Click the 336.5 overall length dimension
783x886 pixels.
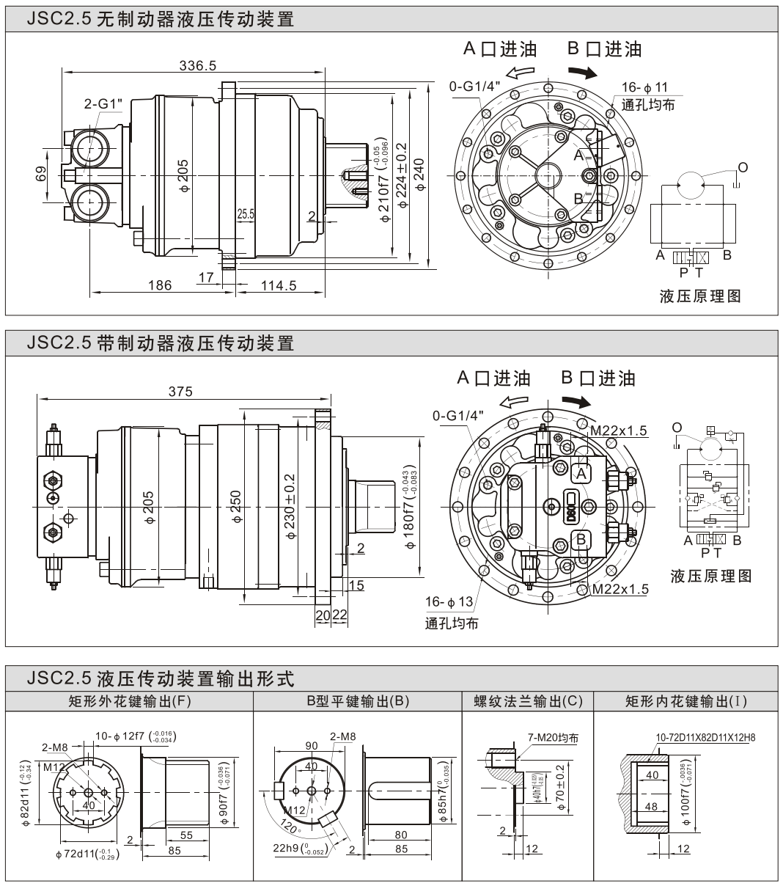[198, 65]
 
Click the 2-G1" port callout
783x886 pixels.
[102, 103]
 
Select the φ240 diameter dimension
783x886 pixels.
[419, 175]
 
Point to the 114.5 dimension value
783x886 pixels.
[279, 285]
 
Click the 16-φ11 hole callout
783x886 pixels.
[644, 87]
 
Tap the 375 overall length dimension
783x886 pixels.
[180, 392]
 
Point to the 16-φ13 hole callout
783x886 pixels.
[449, 603]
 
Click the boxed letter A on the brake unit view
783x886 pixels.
[581, 474]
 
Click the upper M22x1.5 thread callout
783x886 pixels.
[620, 431]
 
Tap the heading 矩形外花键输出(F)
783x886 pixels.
[129, 701]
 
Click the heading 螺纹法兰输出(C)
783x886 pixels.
[528, 701]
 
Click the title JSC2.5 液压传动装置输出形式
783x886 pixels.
[161, 678]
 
